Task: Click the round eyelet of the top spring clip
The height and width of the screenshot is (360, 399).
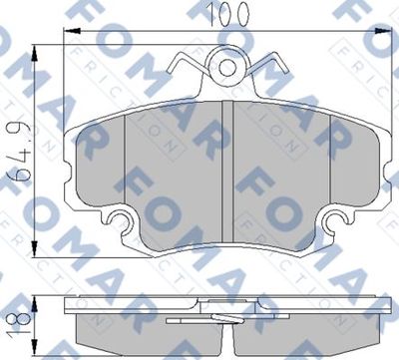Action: pyautogui.click(x=231, y=69)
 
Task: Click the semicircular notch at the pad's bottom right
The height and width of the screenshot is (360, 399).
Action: pyautogui.click(x=339, y=222)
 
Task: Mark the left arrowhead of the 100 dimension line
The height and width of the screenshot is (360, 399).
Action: pyautogui.click(x=68, y=32)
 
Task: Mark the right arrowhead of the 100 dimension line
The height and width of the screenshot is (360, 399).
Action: pyautogui.click(x=393, y=32)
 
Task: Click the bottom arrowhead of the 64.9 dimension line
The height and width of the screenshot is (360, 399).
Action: pyautogui.click(x=37, y=241)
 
